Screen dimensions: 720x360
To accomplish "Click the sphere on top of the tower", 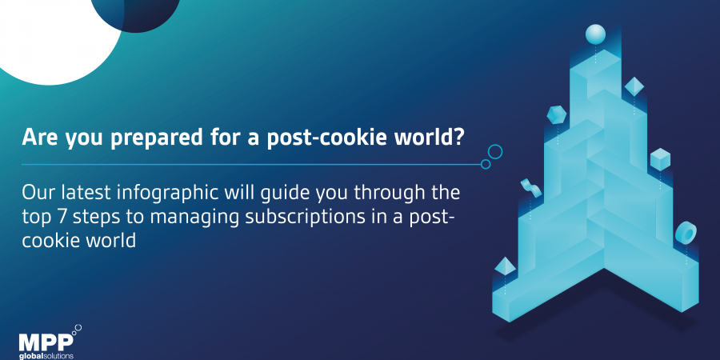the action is pos(595,34).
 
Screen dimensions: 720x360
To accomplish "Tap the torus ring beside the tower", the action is pos(686,233).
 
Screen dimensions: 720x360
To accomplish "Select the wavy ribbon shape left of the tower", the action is pos(531,188).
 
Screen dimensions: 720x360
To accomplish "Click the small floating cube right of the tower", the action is pos(660,159).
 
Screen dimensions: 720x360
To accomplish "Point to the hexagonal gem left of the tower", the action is pos(557,114).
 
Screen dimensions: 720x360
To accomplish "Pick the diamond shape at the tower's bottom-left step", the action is pos(505,266).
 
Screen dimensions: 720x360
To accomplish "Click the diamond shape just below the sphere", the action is pos(634,86).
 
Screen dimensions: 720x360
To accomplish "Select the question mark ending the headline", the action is pos(457,138).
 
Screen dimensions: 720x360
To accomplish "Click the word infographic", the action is pos(168,194).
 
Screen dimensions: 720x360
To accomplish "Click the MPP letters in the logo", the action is pos(46,342).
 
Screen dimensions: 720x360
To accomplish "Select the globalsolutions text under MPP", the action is pos(46,356).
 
